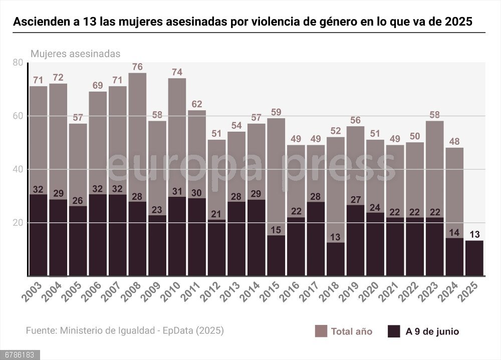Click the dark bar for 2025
(x=474, y=258)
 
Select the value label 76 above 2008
(x=138, y=67)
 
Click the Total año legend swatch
(x=321, y=331)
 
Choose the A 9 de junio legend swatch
(x=394, y=331)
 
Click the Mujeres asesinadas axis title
(x=75, y=54)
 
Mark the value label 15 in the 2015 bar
(x=276, y=229)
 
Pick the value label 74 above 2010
(x=177, y=72)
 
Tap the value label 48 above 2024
(x=454, y=141)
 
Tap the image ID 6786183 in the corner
(x=18, y=355)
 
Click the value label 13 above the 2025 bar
(x=474, y=234)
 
